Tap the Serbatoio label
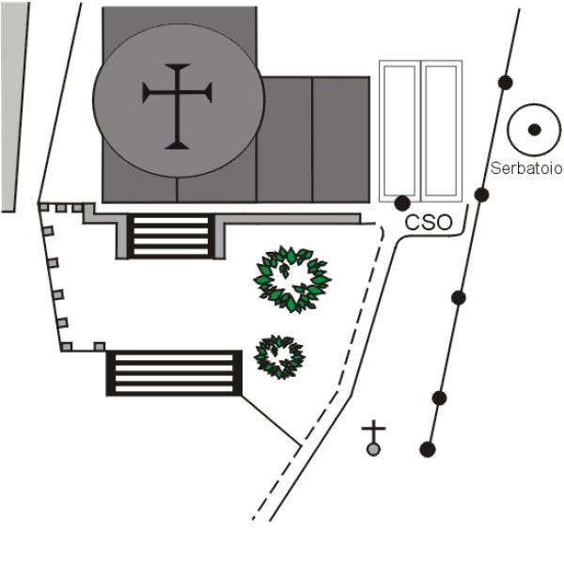click(526, 168)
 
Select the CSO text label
click(429, 223)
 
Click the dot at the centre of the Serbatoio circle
click(534, 130)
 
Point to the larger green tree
click(292, 279)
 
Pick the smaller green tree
click(279, 357)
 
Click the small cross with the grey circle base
click(373, 438)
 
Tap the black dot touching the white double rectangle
click(402, 203)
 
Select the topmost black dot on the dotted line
click(506, 83)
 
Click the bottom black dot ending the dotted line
click(428, 449)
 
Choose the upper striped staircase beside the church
click(170, 236)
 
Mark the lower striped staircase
click(174, 373)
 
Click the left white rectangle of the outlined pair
click(399, 132)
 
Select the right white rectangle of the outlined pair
click(442, 132)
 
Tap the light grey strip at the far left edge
click(14, 107)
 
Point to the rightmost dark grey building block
click(341, 139)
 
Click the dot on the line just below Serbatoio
click(481, 195)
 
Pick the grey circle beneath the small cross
click(373, 449)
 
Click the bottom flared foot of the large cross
click(177, 146)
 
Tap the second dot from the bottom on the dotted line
click(439, 399)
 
